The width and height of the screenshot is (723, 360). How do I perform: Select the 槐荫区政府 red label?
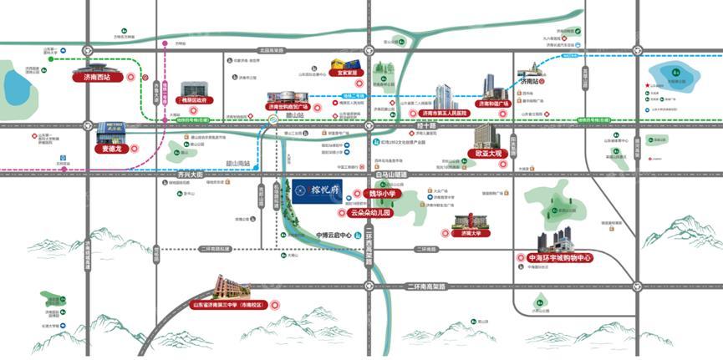click(193, 100)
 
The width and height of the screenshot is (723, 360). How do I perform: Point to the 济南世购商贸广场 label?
click(288, 107)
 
